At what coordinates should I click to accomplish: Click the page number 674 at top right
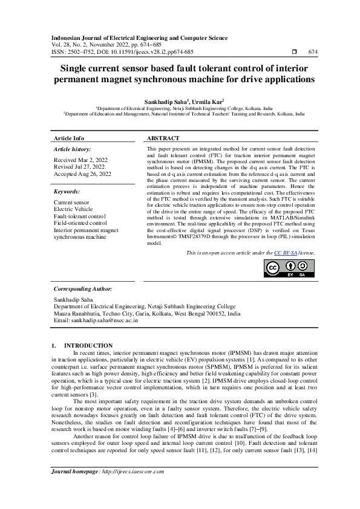(x=312, y=52)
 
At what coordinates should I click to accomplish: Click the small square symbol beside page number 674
(x=294, y=52)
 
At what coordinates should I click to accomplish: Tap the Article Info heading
(x=69, y=138)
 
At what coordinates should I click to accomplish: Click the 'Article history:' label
(x=72, y=149)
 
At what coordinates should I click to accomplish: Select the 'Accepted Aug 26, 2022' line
(x=82, y=173)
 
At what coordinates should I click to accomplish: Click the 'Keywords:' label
(x=67, y=191)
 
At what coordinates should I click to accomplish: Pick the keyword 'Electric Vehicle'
(x=74, y=209)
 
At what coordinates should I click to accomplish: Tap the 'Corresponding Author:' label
(x=83, y=289)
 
